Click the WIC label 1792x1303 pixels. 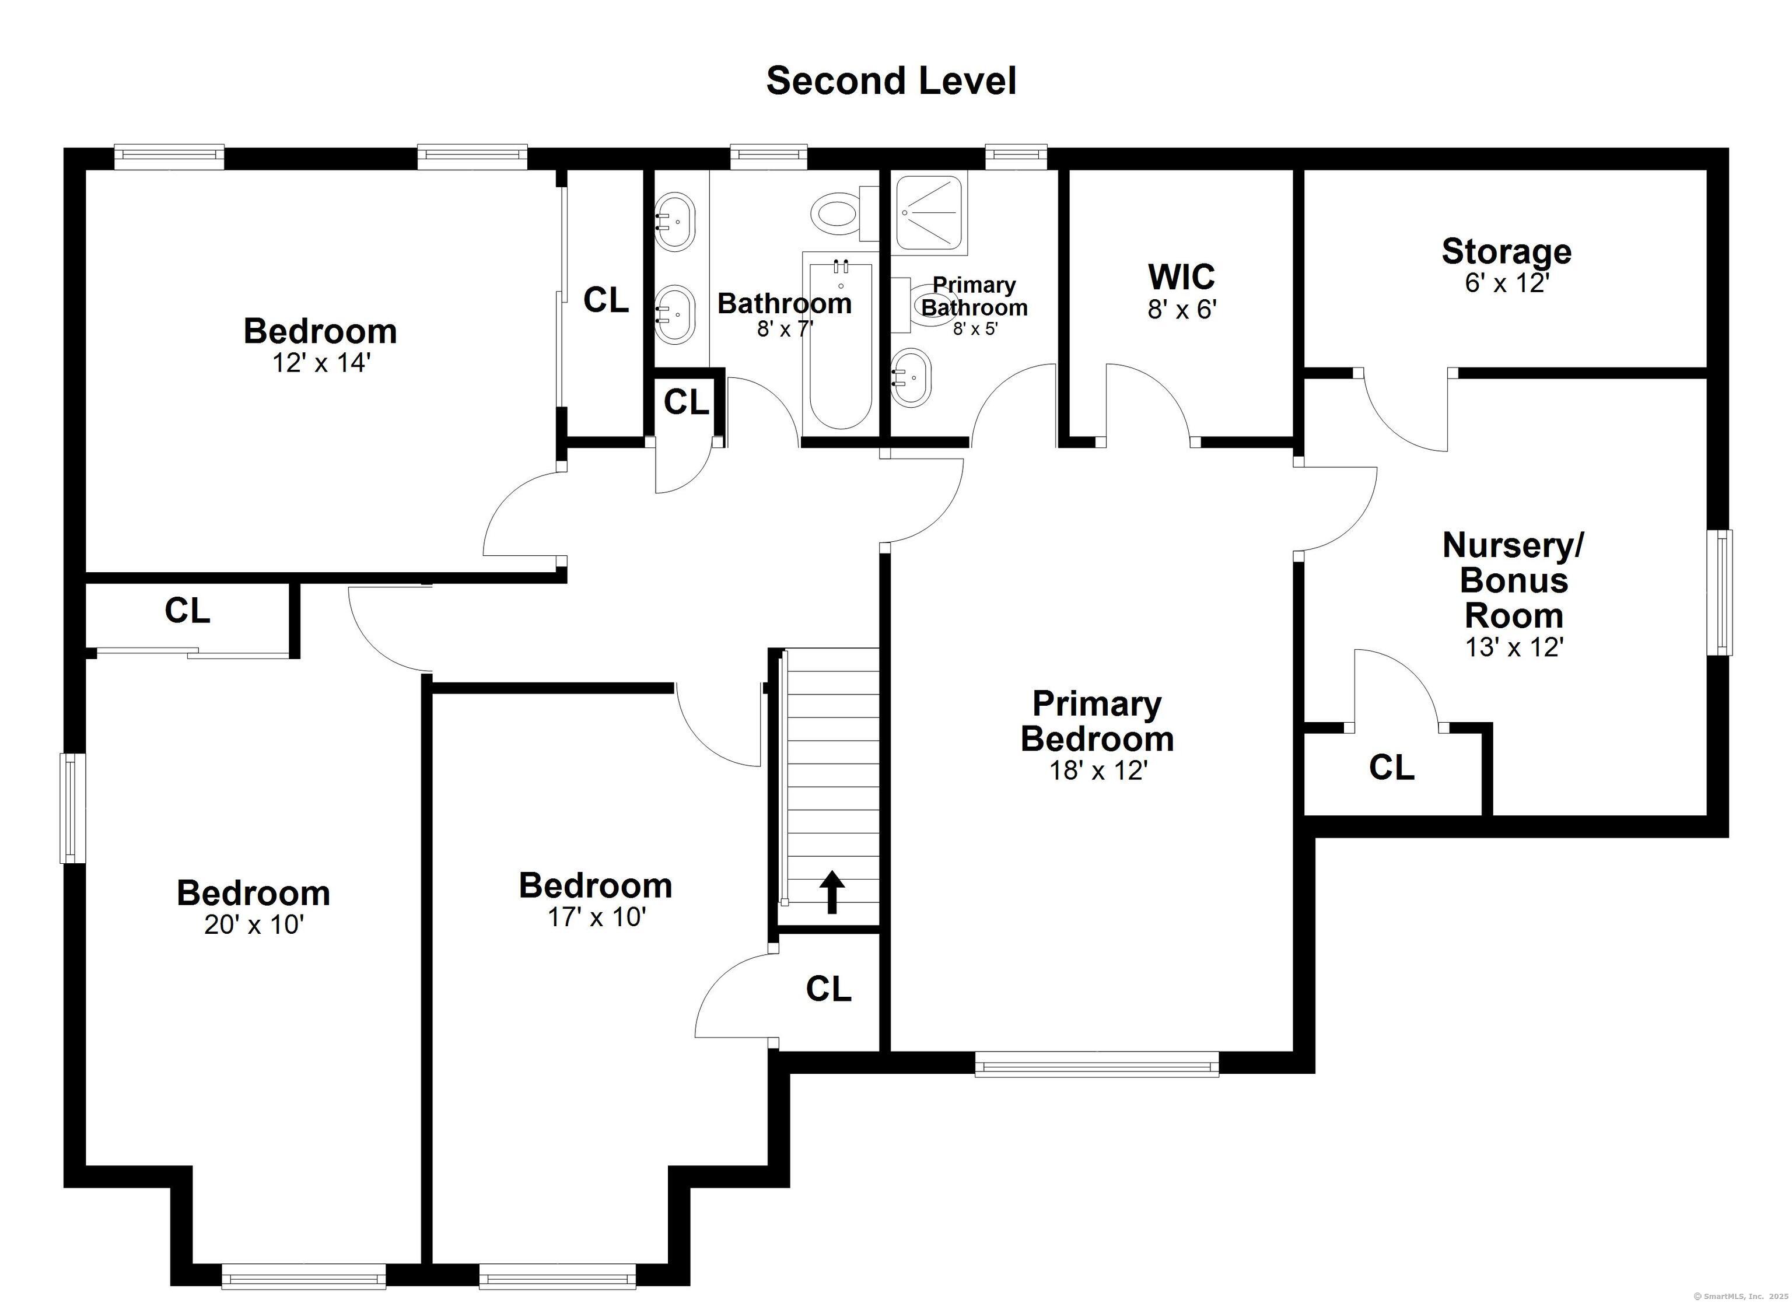pyautogui.click(x=1181, y=276)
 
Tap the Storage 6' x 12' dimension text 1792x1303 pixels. pyautogui.click(x=1507, y=283)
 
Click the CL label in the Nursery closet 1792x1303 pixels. pyautogui.click(x=1391, y=767)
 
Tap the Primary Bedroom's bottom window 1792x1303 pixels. pyautogui.click(x=1097, y=1064)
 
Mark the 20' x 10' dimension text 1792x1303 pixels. pyautogui.click(x=254, y=924)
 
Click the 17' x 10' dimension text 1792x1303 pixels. pyautogui.click(x=597, y=917)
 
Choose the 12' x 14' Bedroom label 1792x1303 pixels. pyautogui.click(x=320, y=331)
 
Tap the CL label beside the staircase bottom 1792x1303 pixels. pyautogui.click(x=828, y=989)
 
